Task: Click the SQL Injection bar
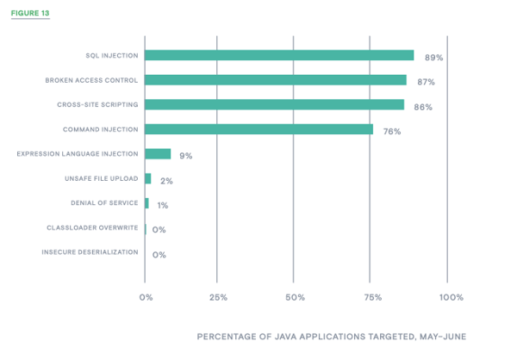tap(279, 55)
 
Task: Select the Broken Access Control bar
tap(276, 80)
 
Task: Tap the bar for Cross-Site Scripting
tap(274, 105)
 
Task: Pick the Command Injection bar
tap(258, 129)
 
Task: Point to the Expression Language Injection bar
tap(158, 154)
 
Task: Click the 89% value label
tap(433, 58)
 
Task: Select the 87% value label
tap(426, 82)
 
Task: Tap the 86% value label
tap(422, 108)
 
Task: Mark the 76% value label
tap(392, 132)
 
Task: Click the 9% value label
tap(185, 156)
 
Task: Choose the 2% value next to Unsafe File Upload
tap(166, 181)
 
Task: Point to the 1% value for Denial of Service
tap(162, 206)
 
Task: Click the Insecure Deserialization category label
tap(90, 252)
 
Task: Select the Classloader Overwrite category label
tap(92, 228)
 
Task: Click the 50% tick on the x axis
tap(294, 297)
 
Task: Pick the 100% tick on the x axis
tap(451, 297)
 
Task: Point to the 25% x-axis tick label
tap(218, 297)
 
